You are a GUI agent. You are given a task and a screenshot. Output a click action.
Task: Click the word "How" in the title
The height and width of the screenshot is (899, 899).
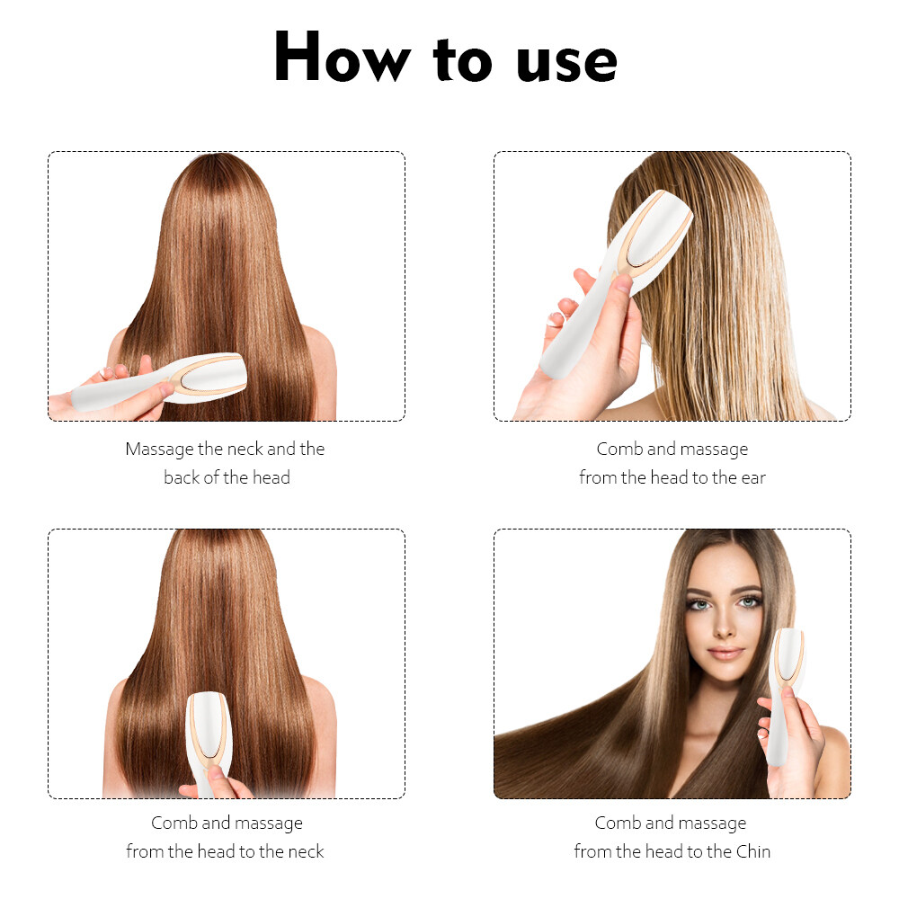point(343,57)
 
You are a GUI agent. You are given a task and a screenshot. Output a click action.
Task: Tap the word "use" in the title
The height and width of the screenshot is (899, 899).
point(566,63)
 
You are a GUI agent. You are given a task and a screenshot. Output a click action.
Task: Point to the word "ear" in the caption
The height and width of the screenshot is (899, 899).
point(753,478)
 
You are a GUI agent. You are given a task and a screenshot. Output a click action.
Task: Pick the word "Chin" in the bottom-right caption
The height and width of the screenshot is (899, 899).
point(752,850)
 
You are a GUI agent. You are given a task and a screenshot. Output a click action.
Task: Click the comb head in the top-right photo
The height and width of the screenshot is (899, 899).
point(654,234)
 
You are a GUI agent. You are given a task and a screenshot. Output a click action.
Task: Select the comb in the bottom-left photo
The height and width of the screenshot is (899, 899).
point(208,740)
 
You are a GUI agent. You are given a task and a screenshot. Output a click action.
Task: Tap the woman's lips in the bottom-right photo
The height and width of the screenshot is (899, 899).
point(725,653)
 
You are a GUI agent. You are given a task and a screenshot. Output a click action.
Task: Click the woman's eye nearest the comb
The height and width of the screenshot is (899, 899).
point(749,602)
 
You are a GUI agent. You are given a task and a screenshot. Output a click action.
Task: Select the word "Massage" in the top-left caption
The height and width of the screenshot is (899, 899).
point(159,449)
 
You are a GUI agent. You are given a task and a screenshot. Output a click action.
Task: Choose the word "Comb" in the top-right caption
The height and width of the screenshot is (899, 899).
point(619,449)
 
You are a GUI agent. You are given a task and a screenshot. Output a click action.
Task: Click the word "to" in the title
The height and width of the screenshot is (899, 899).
point(463,59)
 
